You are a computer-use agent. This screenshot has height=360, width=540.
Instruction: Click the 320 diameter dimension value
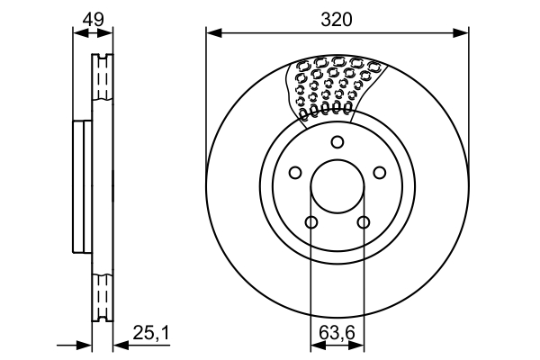pos(337,19)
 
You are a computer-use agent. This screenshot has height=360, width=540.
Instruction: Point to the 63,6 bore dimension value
pos(337,333)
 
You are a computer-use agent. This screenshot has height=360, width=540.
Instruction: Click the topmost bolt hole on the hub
pos(337,141)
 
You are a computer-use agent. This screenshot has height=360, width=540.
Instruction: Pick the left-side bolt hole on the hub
pos(294,174)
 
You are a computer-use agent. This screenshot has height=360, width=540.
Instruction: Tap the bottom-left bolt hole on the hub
pos(311,223)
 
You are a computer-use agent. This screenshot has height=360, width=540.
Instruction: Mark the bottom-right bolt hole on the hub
pos(364,223)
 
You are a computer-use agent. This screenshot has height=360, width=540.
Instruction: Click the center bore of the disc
pos(337,189)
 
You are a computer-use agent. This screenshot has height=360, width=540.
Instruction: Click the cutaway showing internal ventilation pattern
pos(334,87)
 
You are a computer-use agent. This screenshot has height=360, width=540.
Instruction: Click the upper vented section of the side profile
pos(103,85)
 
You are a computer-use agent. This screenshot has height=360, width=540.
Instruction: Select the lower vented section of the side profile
pos(103,292)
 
